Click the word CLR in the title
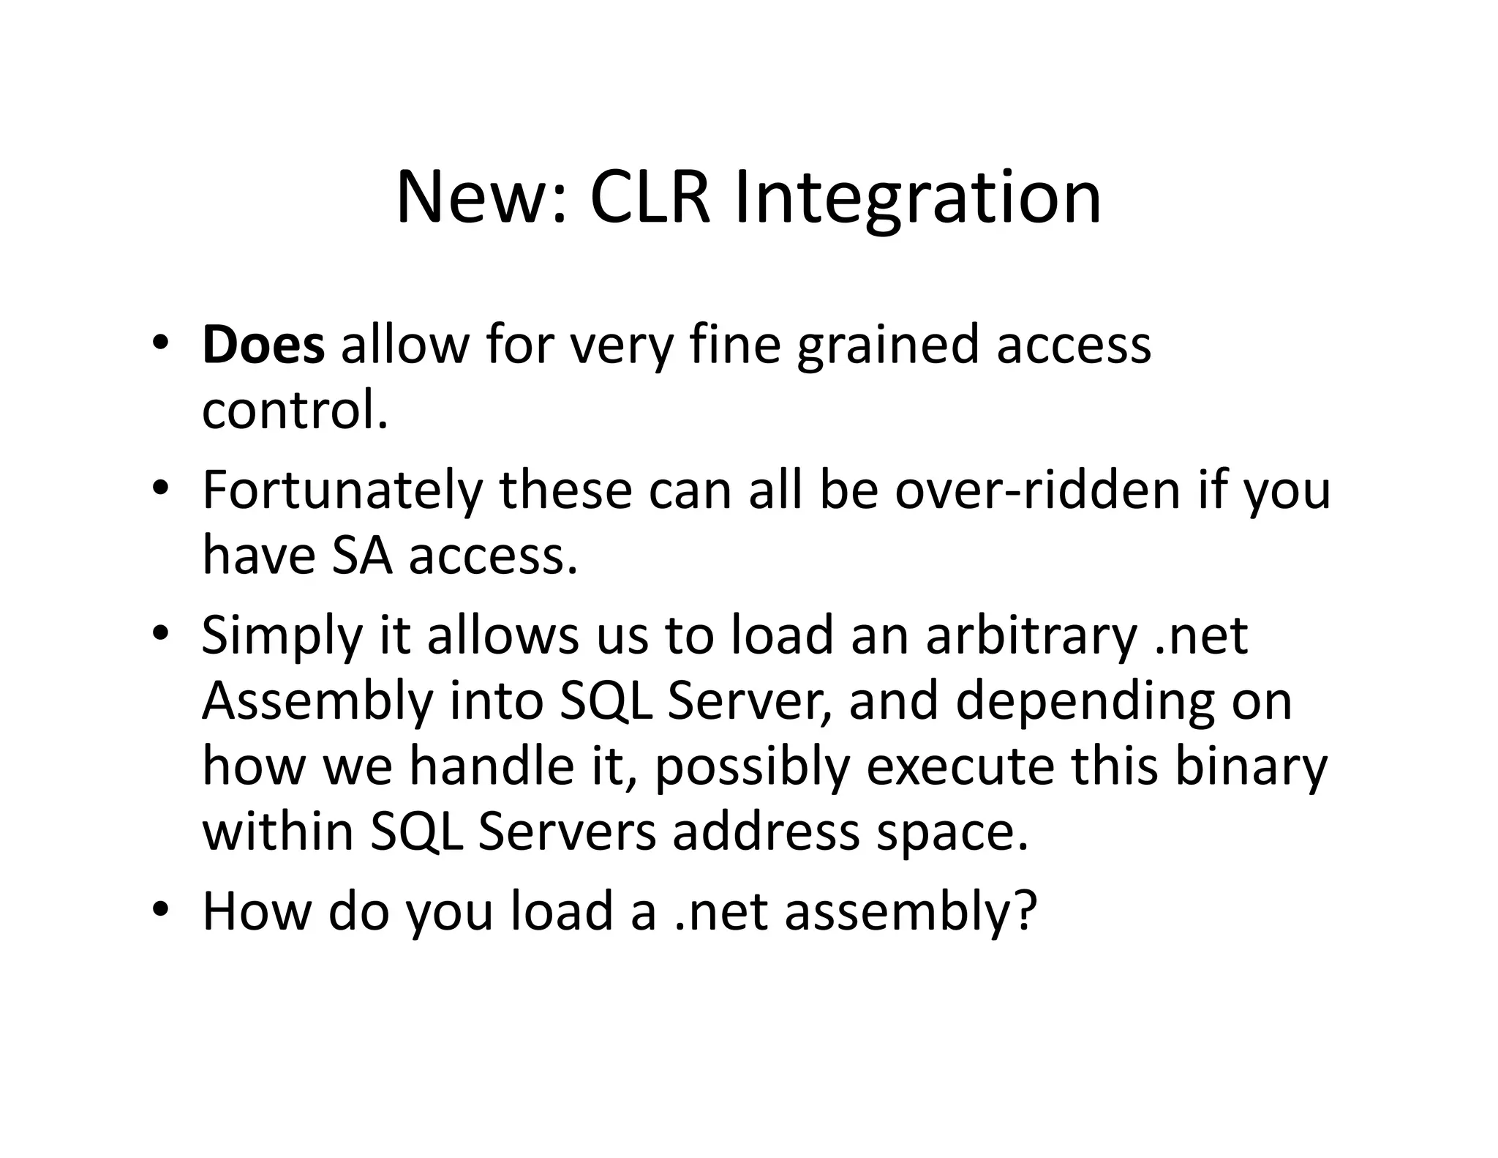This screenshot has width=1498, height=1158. click(650, 198)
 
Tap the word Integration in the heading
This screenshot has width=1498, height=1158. click(917, 199)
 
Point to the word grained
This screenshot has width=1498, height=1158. click(887, 346)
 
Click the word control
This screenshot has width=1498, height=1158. click(294, 411)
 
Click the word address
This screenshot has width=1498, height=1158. click(766, 832)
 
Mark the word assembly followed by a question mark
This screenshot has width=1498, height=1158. click(911, 912)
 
